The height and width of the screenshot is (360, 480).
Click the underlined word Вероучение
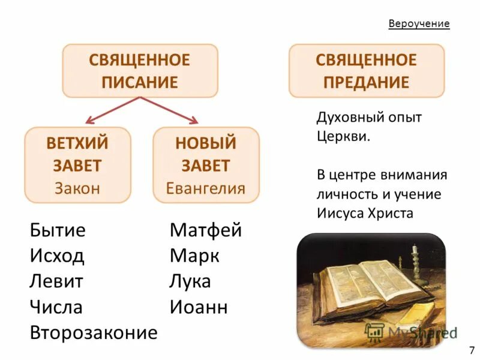419,24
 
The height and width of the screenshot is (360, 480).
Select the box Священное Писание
140,71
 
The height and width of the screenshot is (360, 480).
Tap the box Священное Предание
367,71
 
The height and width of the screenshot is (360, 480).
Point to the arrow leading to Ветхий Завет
108,110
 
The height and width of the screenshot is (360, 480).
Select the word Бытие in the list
58,230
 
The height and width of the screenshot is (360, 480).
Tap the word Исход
57,256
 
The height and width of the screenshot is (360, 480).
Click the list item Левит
56,282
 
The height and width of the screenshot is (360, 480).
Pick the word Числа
56,307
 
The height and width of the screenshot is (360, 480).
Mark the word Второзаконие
94,332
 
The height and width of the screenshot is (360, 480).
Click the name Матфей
206,230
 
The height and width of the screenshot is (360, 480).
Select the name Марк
194,256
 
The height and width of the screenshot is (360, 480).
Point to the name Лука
190,282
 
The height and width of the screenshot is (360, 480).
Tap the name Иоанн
199,307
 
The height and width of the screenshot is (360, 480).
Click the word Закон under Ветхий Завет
77,188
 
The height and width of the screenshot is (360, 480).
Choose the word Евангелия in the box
206,188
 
